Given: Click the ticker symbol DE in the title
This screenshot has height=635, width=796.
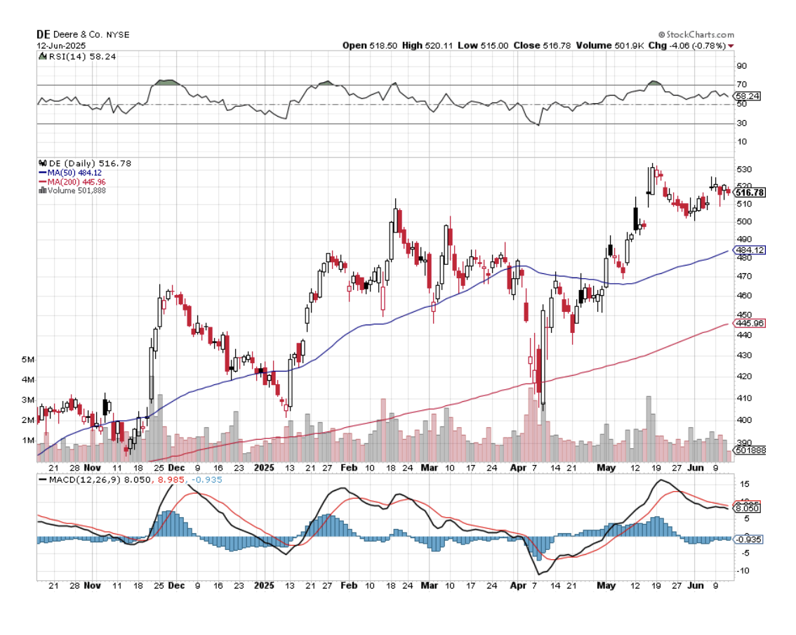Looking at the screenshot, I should click(43, 34).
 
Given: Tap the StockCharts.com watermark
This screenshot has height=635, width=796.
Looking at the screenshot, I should click(696, 34).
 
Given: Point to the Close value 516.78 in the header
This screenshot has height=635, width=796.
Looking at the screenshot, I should click(557, 45).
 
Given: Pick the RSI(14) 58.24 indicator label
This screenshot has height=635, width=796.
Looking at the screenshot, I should click(72, 56).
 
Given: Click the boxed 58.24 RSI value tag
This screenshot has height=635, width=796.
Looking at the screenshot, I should click(746, 96).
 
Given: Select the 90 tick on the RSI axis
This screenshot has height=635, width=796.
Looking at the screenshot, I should click(742, 66).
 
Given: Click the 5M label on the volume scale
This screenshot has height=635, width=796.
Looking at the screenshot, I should click(28, 359).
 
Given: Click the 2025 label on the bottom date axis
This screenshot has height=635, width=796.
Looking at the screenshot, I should click(264, 584).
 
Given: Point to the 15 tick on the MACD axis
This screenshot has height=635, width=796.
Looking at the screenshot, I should click(742, 484).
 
